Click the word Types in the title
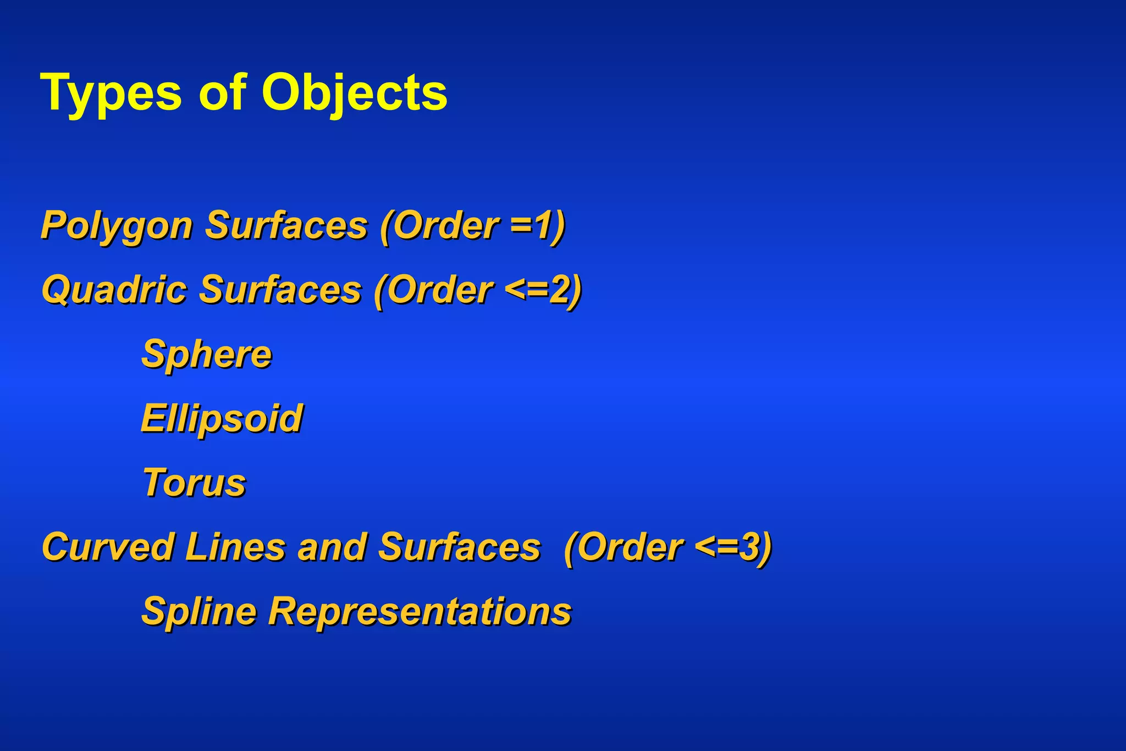111,93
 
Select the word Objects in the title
354,93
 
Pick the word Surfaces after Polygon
286,225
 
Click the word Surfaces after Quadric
280,289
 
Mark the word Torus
194,483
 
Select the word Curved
108,547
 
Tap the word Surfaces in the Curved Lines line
460,547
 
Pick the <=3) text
733,547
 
